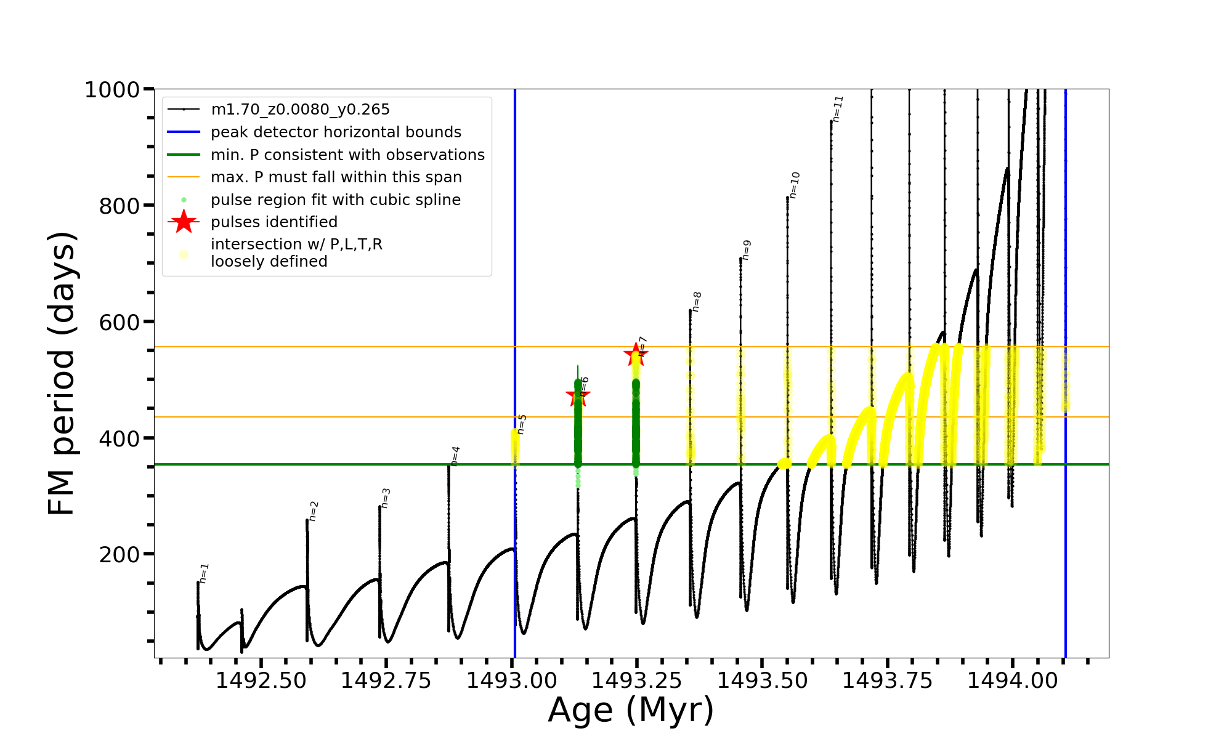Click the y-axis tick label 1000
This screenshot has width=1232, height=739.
[x=112, y=90]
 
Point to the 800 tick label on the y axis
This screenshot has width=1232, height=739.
[x=120, y=206]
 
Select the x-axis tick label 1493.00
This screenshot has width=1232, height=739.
[x=511, y=680]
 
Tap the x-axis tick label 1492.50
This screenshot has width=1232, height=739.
[x=261, y=680]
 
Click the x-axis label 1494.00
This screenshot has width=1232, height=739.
[x=1012, y=680]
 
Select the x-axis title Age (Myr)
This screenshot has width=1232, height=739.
[x=631, y=710]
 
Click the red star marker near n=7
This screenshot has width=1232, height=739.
[x=636, y=354]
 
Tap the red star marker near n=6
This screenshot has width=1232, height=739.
[x=578, y=395]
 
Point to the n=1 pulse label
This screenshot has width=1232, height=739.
[x=205, y=573]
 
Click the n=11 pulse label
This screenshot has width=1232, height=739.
[x=838, y=108]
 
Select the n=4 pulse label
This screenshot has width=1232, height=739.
[x=455, y=456]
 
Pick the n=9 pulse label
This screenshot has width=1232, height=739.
[x=747, y=249]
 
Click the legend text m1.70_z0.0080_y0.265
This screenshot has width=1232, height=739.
[x=300, y=110]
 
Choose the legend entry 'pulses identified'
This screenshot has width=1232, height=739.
[x=274, y=222]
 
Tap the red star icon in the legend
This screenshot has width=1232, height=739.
[x=184, y=222]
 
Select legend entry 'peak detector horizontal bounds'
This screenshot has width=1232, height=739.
[x=336, y=132]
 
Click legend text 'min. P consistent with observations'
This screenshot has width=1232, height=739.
[x=347, y=155]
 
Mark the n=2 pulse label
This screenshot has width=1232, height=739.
[x=314, y=511]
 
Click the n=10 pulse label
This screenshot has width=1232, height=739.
[x=795, y=185]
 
